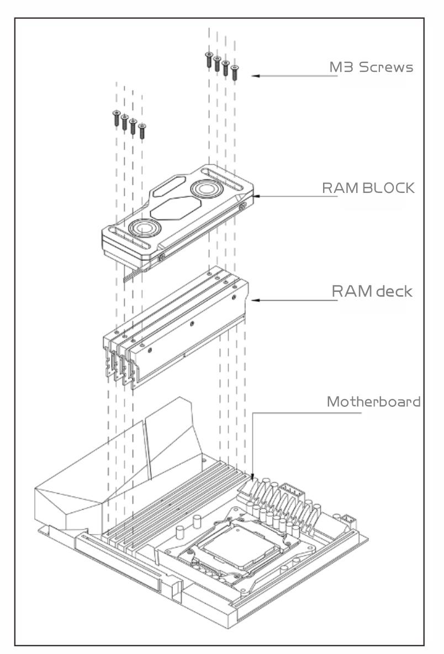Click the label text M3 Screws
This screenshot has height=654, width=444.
coord(371,67)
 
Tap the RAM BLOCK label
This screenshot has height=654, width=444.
coord(368,188)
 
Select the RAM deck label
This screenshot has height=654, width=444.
coord(372,291)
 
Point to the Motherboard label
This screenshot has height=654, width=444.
coord(373,402)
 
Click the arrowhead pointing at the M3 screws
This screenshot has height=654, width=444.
coord(255,76)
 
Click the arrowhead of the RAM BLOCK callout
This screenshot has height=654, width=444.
coord(255,196)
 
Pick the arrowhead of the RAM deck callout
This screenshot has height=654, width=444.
coord(255,300)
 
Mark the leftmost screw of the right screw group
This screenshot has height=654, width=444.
coord(209,59)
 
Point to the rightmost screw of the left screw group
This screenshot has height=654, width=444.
coord(142,130)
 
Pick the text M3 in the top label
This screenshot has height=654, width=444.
coord(338,67)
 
